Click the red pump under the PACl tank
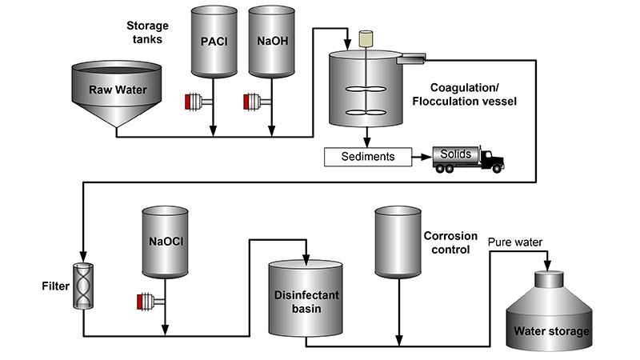click(194, 102)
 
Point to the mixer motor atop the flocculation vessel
click(367, 38)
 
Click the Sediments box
click(367, 157)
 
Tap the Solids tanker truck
click(468, 158)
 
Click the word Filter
click(54, 285)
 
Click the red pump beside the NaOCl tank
click(146, 302)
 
